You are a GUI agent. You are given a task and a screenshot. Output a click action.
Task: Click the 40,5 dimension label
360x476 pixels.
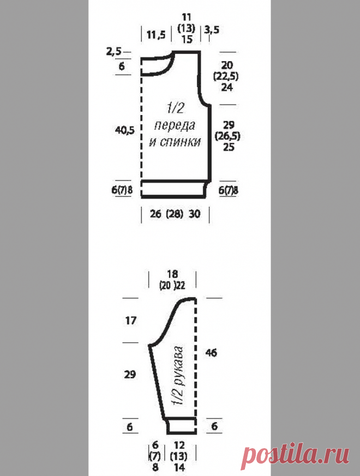tap(124, 130)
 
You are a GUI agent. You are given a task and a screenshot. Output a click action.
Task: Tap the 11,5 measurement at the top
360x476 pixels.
tap(156, 34)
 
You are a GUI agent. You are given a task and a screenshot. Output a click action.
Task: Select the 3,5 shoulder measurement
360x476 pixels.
tap(212, 30)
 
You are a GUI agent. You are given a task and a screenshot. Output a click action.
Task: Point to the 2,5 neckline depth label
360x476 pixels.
tap(113, 51)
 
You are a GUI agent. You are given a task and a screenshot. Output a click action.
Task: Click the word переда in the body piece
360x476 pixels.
tap(175, 125)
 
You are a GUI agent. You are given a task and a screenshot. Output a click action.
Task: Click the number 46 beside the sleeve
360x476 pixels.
tap(211, 353)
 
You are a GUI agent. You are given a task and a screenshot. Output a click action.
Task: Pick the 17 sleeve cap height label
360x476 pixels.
tap(130, 321)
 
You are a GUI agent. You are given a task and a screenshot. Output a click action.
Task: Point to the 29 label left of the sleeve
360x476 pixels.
tap(130, 374)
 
